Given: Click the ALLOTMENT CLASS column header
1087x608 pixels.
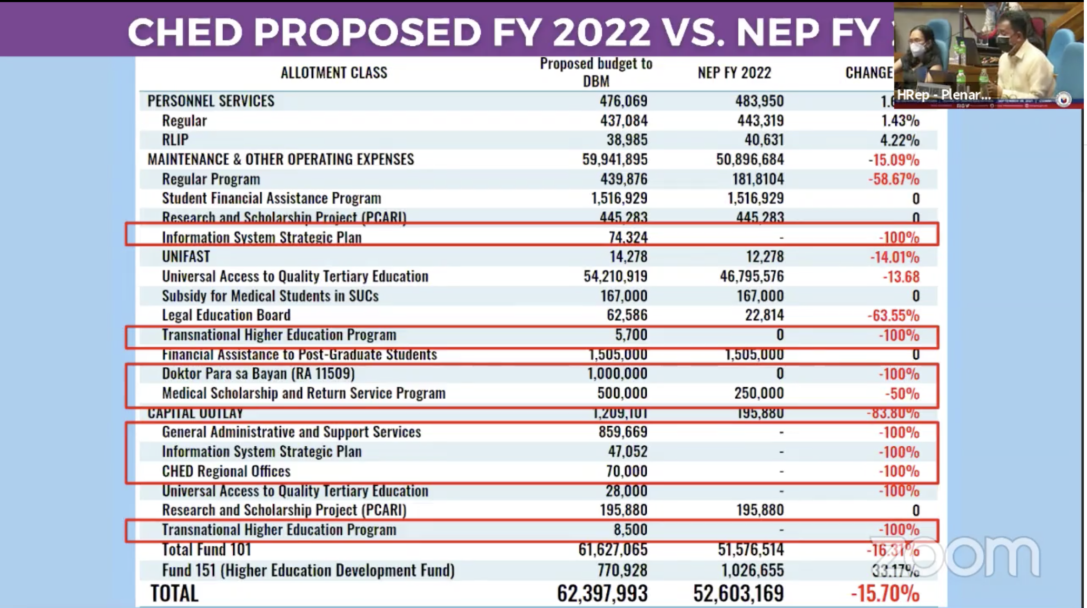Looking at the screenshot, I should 334,73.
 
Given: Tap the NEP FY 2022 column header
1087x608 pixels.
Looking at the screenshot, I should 734,73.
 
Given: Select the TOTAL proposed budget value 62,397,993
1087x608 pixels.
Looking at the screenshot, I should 602,594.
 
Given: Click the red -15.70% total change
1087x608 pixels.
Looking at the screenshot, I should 885,594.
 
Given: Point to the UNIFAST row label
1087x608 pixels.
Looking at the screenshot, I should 186,257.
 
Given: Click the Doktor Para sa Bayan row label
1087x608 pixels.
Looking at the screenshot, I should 258,374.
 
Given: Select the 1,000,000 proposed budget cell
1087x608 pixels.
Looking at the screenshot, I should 617,374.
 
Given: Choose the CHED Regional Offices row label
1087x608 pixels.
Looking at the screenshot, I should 226,471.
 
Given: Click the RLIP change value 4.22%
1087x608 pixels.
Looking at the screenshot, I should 900,140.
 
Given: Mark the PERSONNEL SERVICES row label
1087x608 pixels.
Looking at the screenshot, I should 211,101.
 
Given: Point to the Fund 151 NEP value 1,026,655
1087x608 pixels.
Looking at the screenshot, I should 753,570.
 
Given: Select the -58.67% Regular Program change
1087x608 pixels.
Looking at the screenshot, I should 894,179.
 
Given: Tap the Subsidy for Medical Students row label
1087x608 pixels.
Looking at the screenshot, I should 270,296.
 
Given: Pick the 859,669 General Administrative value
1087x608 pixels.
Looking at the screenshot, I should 622,432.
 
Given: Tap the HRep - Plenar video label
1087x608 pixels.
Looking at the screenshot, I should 944,95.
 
